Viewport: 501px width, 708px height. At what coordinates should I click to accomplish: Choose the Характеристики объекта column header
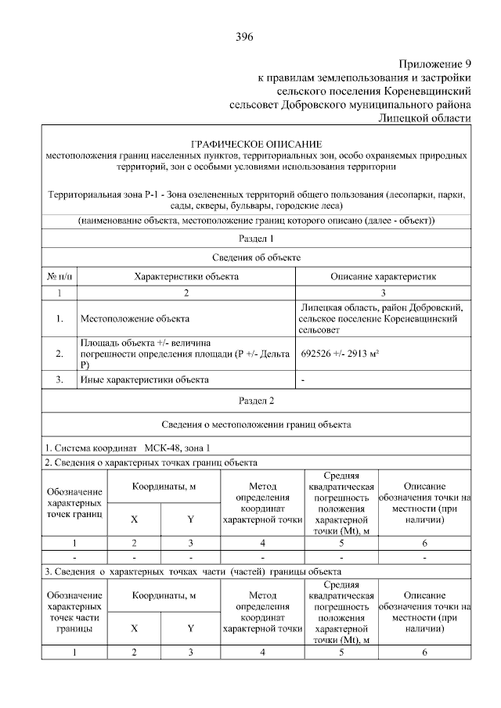tap(186, 276)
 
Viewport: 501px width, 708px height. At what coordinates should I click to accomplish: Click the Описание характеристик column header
tap(383, 276)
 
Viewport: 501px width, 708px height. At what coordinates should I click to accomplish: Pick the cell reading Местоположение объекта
tap(135, 319)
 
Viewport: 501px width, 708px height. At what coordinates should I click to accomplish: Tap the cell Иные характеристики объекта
tap(145, 380)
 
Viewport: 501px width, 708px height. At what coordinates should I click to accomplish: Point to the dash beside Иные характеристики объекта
tap(303, 380)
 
